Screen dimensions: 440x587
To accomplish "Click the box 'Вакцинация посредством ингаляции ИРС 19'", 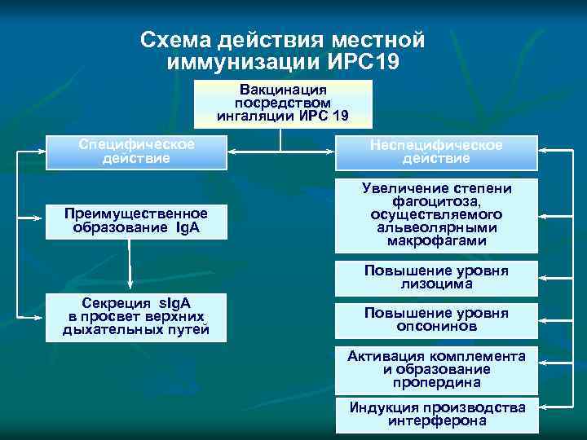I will [283, 103].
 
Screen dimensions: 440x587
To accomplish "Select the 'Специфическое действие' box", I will [136, 152].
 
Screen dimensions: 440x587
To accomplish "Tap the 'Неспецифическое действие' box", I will [437, 152].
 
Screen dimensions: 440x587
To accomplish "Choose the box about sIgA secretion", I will [136, 316].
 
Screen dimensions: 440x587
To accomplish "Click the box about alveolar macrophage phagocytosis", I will [437, 215].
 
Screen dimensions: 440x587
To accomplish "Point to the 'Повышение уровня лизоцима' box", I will [437, 278].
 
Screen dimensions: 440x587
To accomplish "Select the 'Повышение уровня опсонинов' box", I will [437, 319].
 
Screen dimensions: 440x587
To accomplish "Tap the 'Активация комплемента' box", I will [437, 369].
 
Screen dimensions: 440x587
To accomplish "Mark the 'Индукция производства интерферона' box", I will [437, 414].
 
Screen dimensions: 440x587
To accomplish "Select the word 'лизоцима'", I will [437, 285].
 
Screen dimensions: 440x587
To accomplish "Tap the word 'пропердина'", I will [437, 382].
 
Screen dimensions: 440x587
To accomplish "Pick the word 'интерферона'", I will [437, 421].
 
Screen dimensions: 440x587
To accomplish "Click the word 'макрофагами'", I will [437, 241].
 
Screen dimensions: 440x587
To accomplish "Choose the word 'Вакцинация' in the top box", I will [283, 90].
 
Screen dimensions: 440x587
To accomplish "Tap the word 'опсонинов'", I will [437, 327].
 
